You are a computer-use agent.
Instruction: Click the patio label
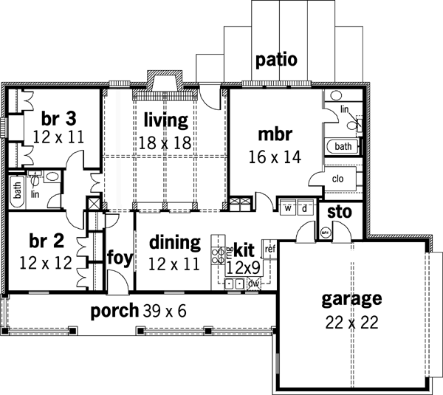click(x=276, y=59)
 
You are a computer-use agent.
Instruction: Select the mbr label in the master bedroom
click(x=275, y=134)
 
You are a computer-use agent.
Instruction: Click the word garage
click(x=351, y=299)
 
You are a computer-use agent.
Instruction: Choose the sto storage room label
click(x=339, y=213)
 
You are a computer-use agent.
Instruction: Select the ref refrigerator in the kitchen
click(x=269, y=249)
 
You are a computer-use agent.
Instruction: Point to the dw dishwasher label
click(x=253, y=284)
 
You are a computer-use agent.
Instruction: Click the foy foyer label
click(x=119, y=256)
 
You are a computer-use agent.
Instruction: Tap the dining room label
click(x=174, y=242)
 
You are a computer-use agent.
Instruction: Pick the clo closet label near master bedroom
click(x=340, y=178)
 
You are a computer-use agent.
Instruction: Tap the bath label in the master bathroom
click(x=343, y=146)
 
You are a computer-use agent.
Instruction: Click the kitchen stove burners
click(x=219, y=256)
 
